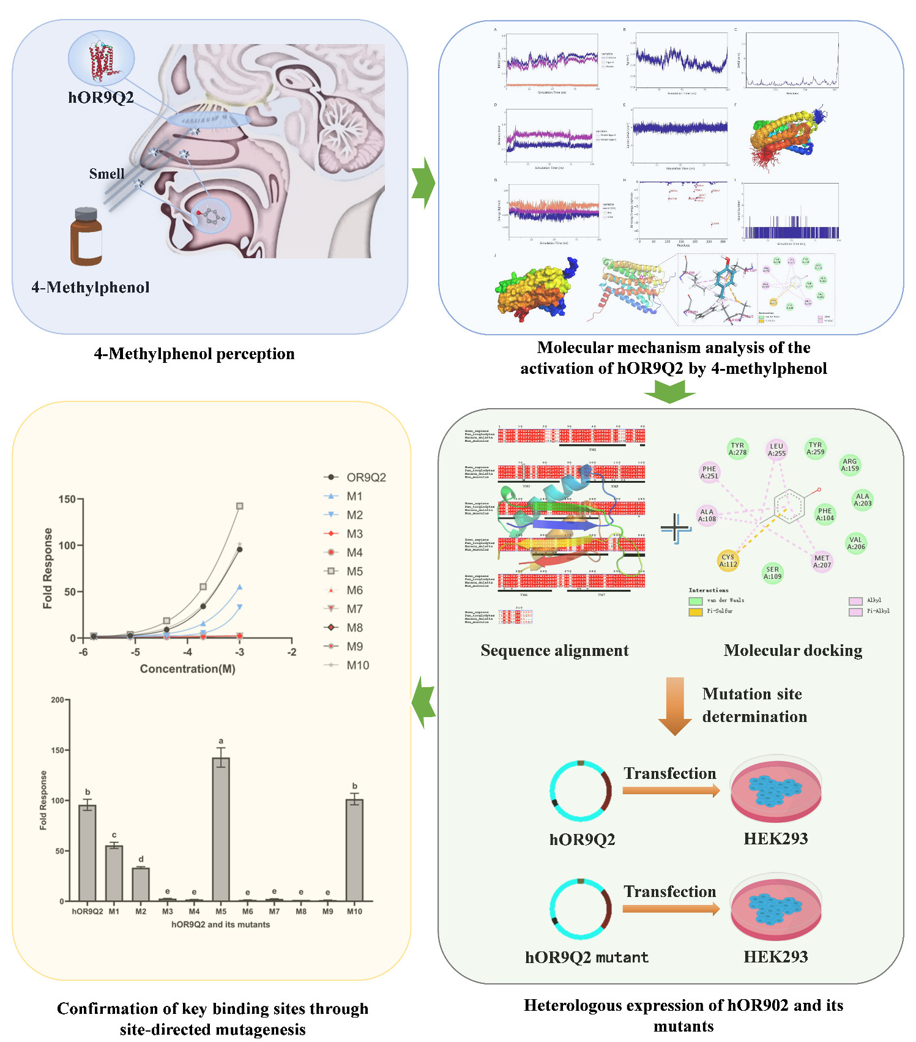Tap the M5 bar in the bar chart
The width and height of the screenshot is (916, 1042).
click(x=221, y=829)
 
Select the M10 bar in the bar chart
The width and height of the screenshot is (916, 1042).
click(x=354, y=850)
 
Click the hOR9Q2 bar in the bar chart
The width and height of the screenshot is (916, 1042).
click(x=88, y=853)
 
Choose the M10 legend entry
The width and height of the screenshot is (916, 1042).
click(x=347, y=665)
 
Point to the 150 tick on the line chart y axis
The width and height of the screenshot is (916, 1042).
click(x=67, y=499)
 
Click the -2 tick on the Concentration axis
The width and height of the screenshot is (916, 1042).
click(x=292, y=652)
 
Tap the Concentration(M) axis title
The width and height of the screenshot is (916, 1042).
click(x=187, y=669)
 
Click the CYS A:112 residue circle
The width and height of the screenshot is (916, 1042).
click(x=728, y=560)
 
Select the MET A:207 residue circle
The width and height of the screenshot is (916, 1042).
click(x=822, y=561)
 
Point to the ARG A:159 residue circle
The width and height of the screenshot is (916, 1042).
click(x=850, y=465)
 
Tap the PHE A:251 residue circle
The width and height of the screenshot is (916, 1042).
click(x=709, y=472)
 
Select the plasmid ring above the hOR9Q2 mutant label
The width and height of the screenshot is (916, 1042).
click(x=581, y=909)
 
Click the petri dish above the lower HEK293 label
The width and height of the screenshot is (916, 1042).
click(x=776, y=907)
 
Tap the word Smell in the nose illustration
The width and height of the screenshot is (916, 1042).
click(x=106, y=174)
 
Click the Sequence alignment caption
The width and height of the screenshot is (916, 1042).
click(x=554, y=650)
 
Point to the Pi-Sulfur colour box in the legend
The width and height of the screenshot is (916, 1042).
click(x=695, y=611)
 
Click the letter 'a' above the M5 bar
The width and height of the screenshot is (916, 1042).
click(x=221, y=740)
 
